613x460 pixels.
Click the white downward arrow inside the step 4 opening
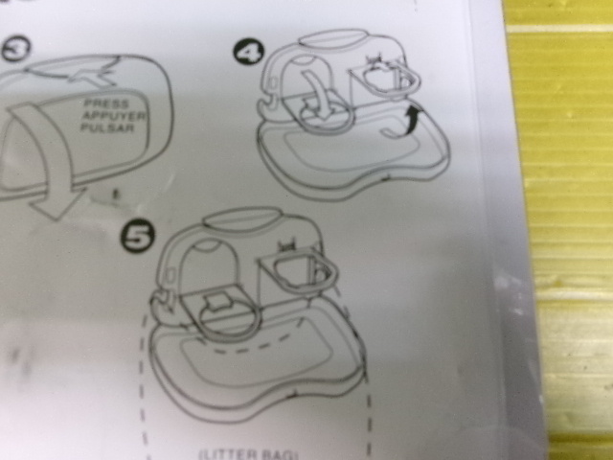(x=316, y=96)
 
